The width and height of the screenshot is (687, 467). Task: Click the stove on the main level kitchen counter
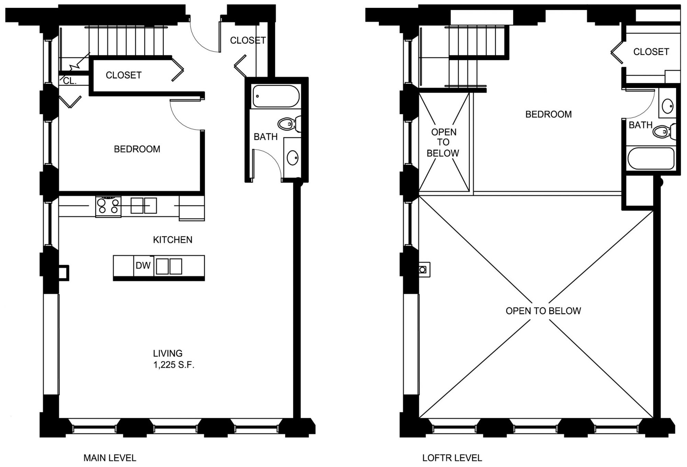click(108, 207)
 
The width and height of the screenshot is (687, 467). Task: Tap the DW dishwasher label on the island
click(143, 265)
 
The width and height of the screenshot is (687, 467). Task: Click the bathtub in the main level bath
click(276, 96)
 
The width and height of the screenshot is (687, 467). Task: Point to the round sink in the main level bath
click(292, 158)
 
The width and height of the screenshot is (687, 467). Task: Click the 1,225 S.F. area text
click(174, 365)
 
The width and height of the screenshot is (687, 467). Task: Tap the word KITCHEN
click(173, 240)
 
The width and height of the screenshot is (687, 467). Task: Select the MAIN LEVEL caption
click(110, 458)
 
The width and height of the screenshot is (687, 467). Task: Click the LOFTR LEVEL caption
click(452, 458)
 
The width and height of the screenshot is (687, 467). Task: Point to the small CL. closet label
click(70, 81)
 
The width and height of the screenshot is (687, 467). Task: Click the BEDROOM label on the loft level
click(549, 114)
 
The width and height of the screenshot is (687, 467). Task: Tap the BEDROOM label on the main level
click(137, 149)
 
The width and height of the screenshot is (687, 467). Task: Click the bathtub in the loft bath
click(651, 158)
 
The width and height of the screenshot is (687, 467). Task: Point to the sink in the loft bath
click(667, 106)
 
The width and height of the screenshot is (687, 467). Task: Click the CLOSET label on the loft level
click(651, 52)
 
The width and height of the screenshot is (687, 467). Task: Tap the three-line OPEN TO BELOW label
click(443, 143)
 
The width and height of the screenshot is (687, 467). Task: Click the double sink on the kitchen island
click(169, 266)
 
